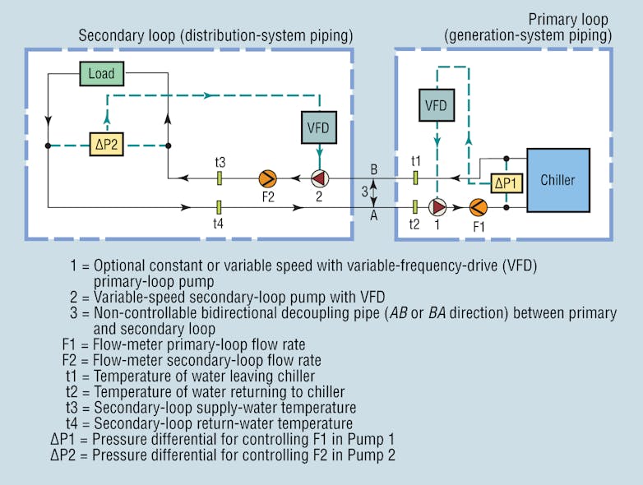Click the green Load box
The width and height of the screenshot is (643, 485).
coord(101,74)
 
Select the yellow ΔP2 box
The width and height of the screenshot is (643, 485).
coord(107,145)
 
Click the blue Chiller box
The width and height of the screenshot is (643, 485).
coord(557,179)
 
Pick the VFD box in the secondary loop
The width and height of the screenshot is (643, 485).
coord(317,127)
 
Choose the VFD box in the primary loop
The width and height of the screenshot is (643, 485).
coord(435,105)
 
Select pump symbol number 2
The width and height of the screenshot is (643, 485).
coord(318,178)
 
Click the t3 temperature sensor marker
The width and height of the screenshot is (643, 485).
coord(220,178)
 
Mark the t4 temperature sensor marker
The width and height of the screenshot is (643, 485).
coord(220,207)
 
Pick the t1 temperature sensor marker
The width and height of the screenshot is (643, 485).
coord(416,178)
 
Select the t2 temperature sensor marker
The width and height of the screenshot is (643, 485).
coord(416,207)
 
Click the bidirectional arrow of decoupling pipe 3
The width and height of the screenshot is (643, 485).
coord(374,192)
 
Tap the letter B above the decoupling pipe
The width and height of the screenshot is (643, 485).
coord(374,169)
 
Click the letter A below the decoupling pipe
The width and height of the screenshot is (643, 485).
coord(374,217)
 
